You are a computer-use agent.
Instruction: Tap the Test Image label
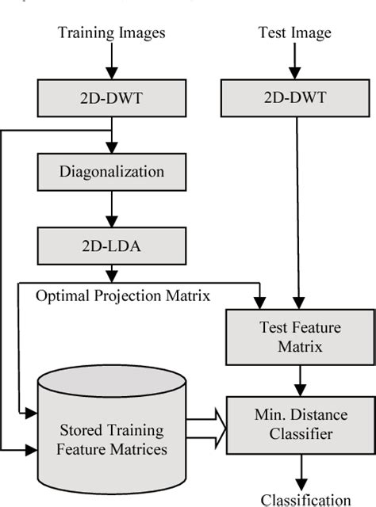click(294, 32)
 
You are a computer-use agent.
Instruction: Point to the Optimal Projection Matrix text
click(123, 295)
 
